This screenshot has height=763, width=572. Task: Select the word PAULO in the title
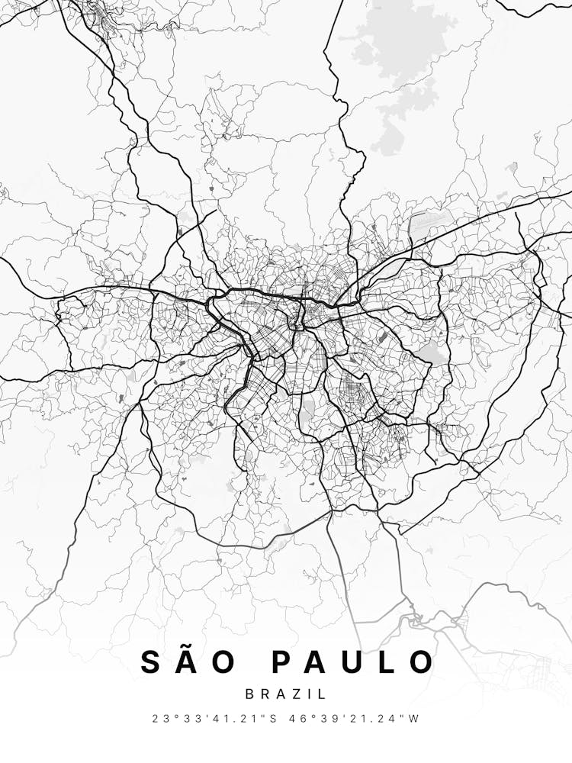pos(353,662)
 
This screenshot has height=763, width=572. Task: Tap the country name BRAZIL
pos(286,694)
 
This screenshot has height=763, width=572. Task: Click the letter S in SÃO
pos(152,662)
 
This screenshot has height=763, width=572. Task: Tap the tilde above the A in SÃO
pos(188,648)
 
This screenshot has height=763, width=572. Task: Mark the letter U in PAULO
pos(354,662)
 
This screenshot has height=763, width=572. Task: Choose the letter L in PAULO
pos(387,662)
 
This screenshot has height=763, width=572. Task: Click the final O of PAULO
pos(421,662)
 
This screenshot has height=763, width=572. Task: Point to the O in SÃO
pos(224,662)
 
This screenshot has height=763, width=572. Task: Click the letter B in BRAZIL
pos(250,694)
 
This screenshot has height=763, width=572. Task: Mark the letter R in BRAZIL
pos(265,694)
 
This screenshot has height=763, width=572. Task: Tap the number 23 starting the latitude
pos(159,718)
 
